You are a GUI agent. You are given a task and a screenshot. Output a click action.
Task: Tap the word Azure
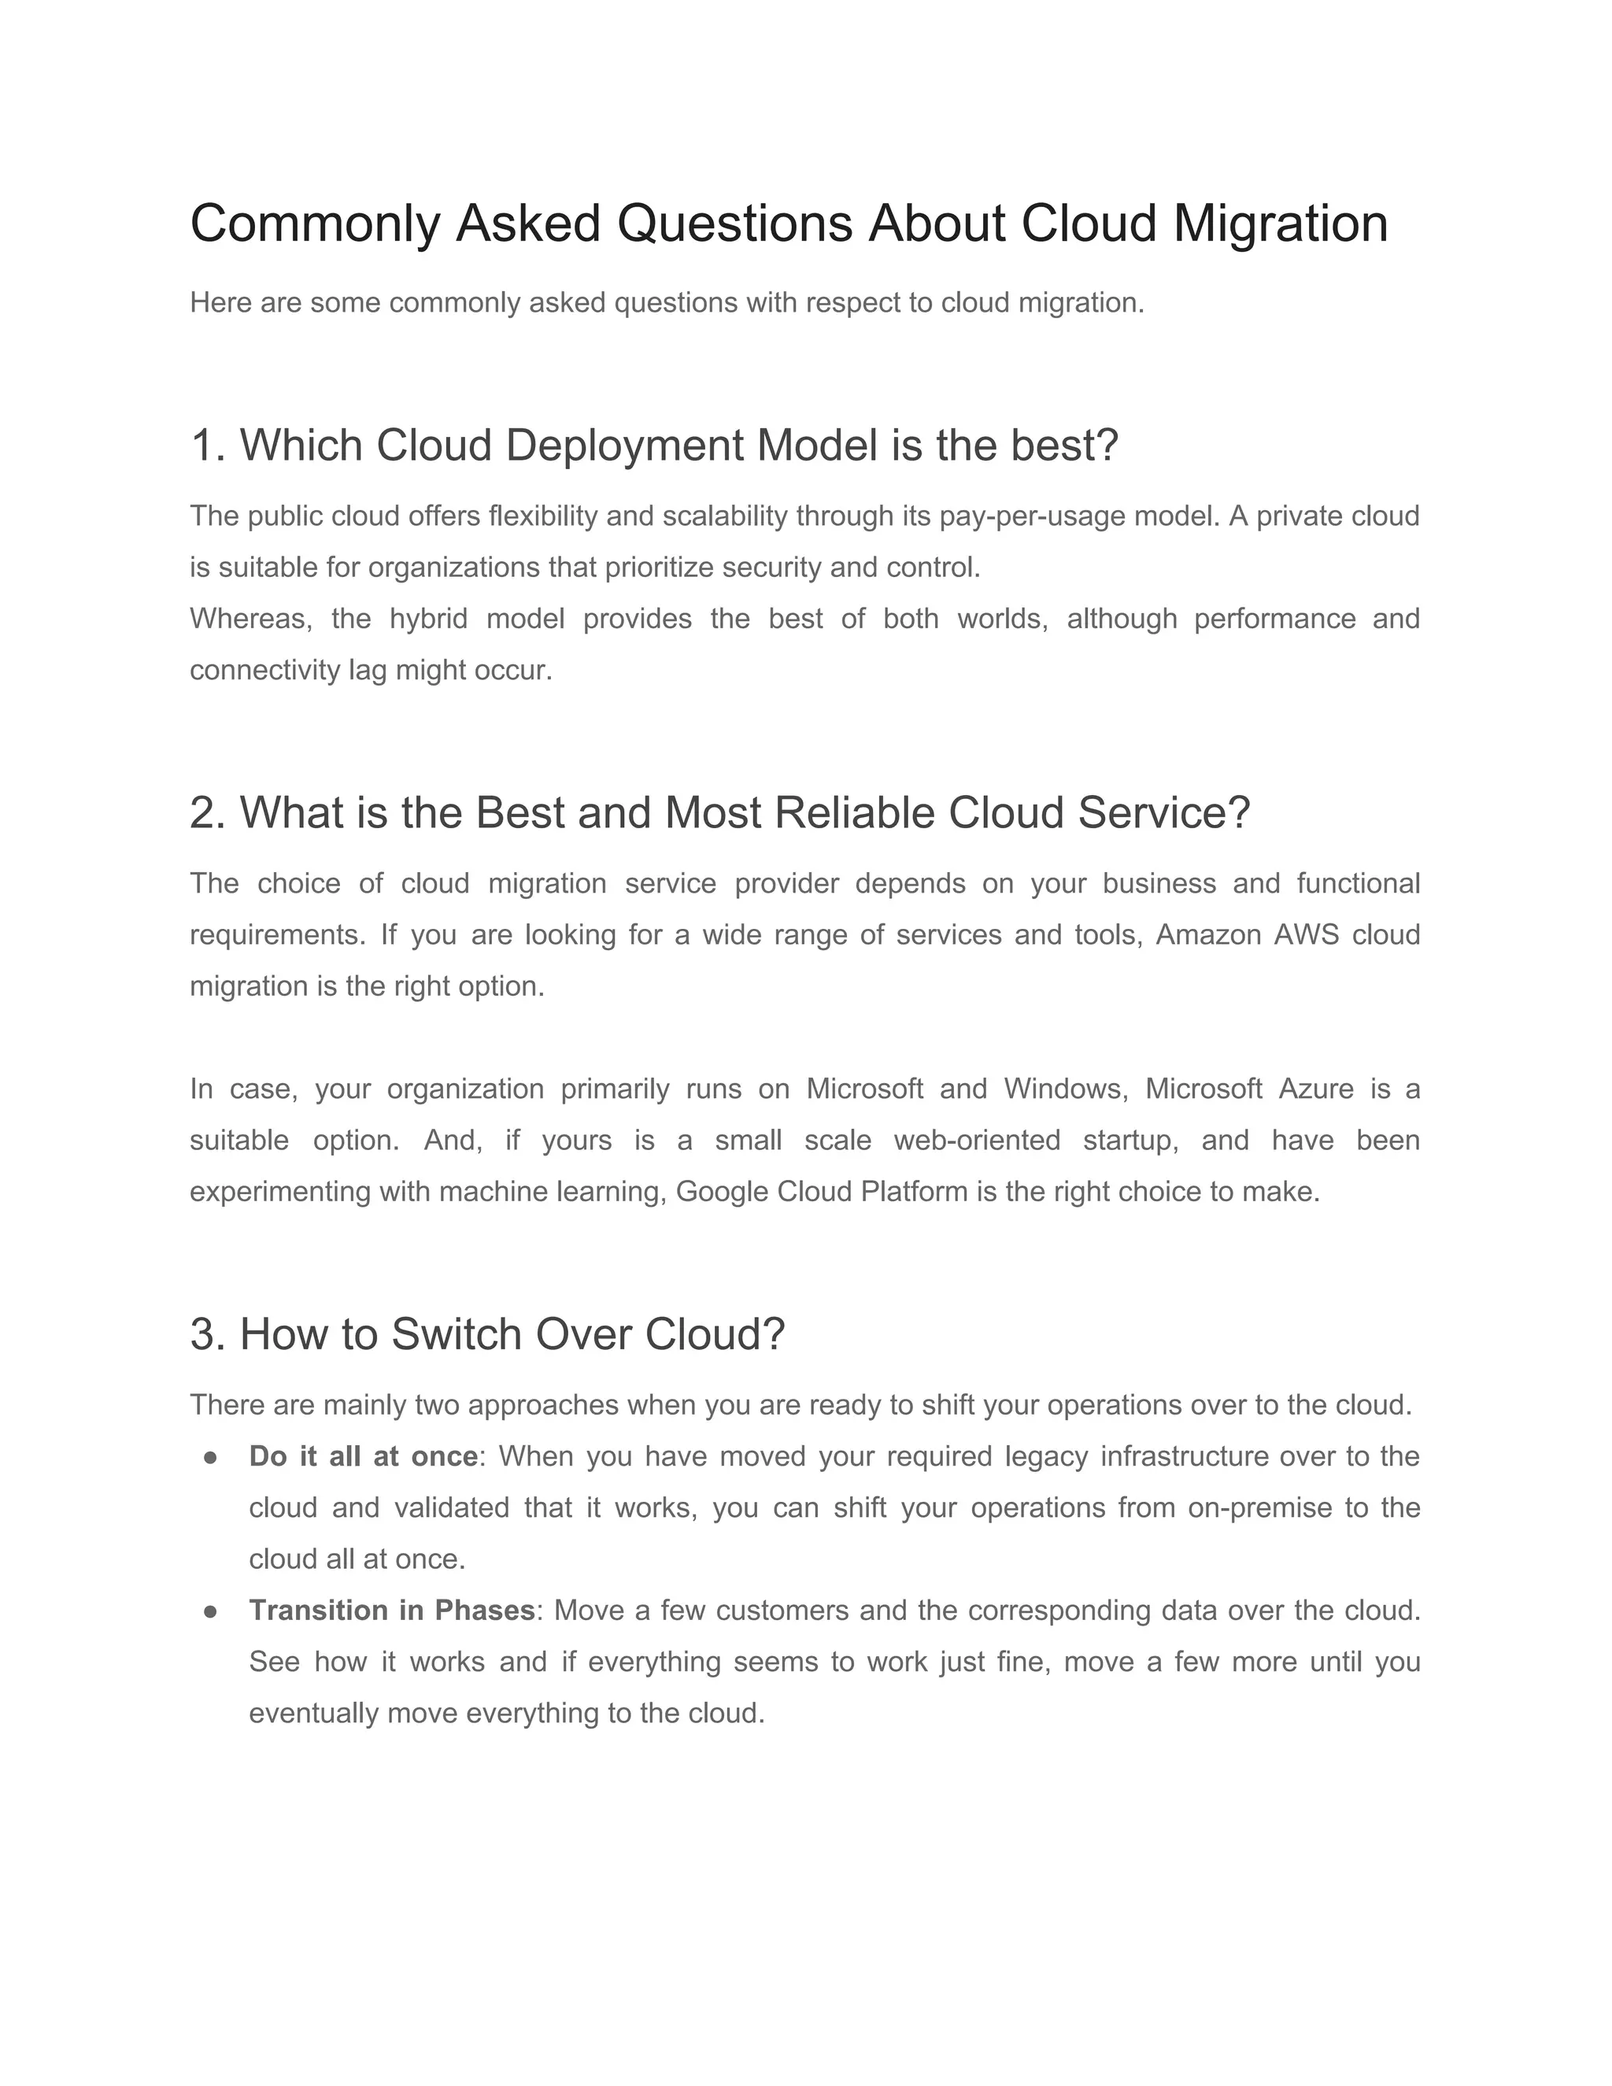[x=1316, y=1089]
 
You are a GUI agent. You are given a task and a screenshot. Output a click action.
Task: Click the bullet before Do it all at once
[x=211, y=1458]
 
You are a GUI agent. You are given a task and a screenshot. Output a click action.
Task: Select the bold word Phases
[x=484, y=1611]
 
